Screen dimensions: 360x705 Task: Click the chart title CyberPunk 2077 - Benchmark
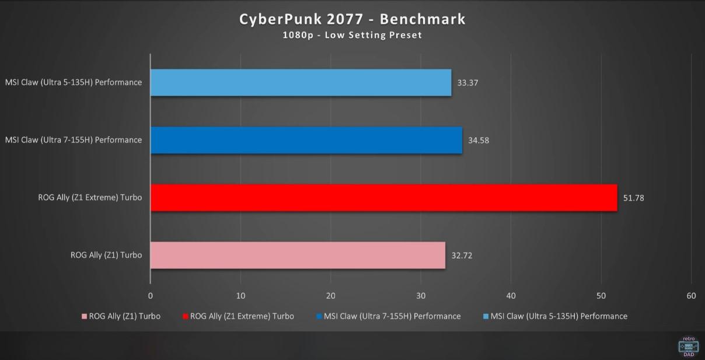(352, 19)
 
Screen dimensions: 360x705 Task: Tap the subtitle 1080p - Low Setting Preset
(352, 35)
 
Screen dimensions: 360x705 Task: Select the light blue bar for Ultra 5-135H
(301, 82)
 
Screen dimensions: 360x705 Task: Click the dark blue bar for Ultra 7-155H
(306, 140)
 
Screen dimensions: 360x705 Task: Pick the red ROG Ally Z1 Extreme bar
(383, 198)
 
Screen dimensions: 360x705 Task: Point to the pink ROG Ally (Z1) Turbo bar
(298, 255)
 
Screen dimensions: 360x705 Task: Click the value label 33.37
(468, 83)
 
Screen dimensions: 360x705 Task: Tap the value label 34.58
(479, 141)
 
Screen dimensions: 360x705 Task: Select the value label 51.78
(634, 198)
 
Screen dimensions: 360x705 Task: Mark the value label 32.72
(462, 256)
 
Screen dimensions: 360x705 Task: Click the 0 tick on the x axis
(151, 296)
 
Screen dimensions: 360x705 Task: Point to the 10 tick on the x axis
(240, 296)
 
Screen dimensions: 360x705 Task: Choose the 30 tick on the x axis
(421, 296)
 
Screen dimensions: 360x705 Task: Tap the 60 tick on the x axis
(692, 296)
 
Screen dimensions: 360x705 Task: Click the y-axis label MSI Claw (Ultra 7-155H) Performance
(74, 140)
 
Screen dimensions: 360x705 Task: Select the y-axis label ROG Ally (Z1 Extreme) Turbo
(90, 198)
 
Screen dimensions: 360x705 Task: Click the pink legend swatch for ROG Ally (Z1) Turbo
(85, 317)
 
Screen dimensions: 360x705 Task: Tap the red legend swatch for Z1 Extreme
(186, 317)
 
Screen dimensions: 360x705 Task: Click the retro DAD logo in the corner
(689, 345)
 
